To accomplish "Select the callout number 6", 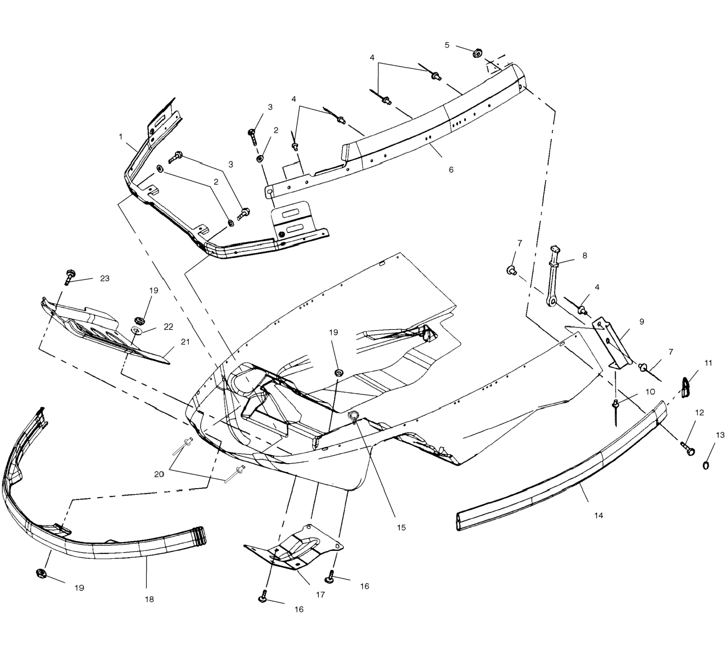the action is coord(451,170).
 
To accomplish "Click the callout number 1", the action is coord(121,137).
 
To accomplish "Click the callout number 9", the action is coord(642,321).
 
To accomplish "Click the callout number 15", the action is coord(402,528).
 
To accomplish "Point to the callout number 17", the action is coord(320,595).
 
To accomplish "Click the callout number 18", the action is coord(149,599).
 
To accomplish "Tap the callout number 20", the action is coord(159,474).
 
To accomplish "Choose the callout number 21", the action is coord(185,342).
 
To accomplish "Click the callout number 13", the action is coord(720,435).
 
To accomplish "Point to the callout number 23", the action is coord(104,278).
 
